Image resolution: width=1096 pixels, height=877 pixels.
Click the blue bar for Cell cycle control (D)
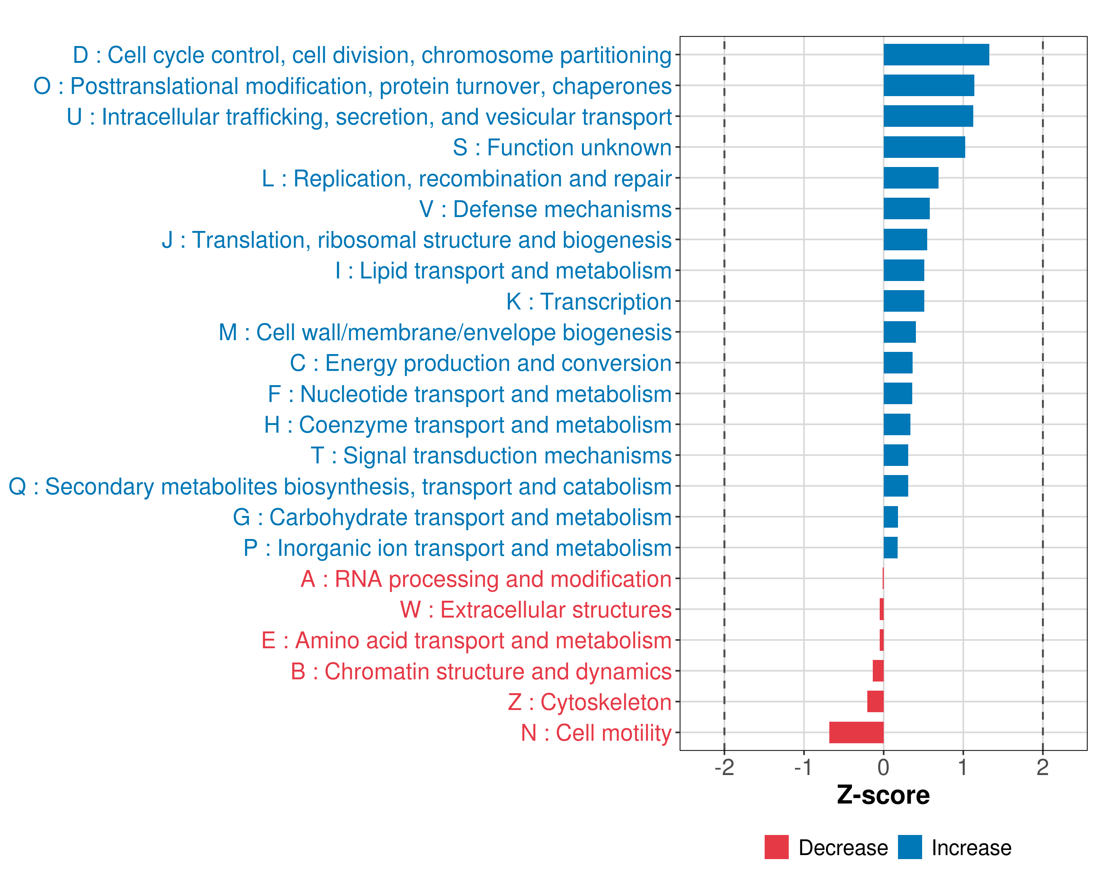coord(936,55)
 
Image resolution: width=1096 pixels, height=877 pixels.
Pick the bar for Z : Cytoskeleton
coord(875,702)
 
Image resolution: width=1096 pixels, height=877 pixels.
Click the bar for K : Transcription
coord(903,301)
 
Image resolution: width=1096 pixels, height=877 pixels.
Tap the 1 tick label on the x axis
coord(962,768)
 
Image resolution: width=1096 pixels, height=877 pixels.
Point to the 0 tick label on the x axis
coord(883,768)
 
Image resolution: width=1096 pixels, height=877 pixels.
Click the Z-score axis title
coord(883,795)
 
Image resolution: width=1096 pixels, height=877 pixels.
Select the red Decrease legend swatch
coord(776,847)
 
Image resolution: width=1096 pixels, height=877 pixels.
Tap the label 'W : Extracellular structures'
coord(536,610)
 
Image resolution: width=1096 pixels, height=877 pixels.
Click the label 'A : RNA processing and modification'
coord(486,579)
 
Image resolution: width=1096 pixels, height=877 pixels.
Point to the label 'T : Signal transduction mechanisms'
coord(491,456)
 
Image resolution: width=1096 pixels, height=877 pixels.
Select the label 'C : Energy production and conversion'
coord(481,363)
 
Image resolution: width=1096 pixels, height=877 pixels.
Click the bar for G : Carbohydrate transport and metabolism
coord(891,517)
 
